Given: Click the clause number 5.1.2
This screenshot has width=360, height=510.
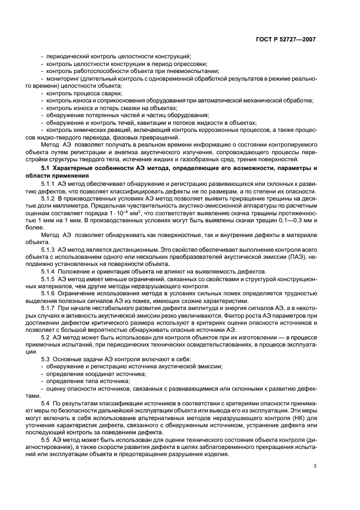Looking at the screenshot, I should (48, 201).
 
